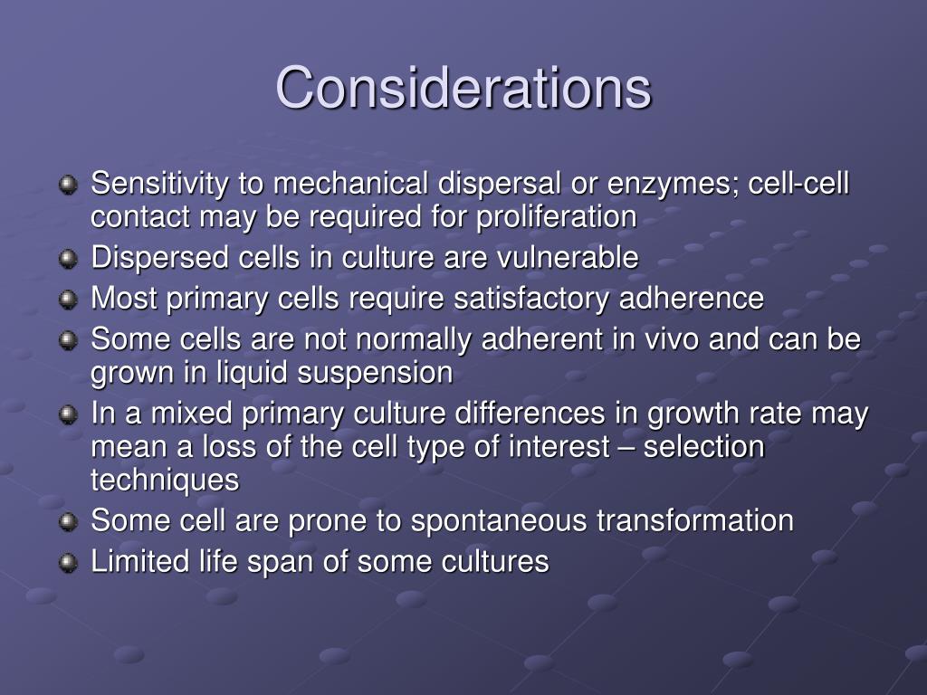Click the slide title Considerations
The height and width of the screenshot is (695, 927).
pos(463,89)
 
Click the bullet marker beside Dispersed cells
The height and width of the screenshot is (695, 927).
pos(68,259)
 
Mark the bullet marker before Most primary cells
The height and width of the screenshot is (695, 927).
pos(68,299)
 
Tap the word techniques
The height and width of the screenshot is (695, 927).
pos(165,480)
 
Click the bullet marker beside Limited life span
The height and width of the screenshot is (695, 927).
pos(68,563)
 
